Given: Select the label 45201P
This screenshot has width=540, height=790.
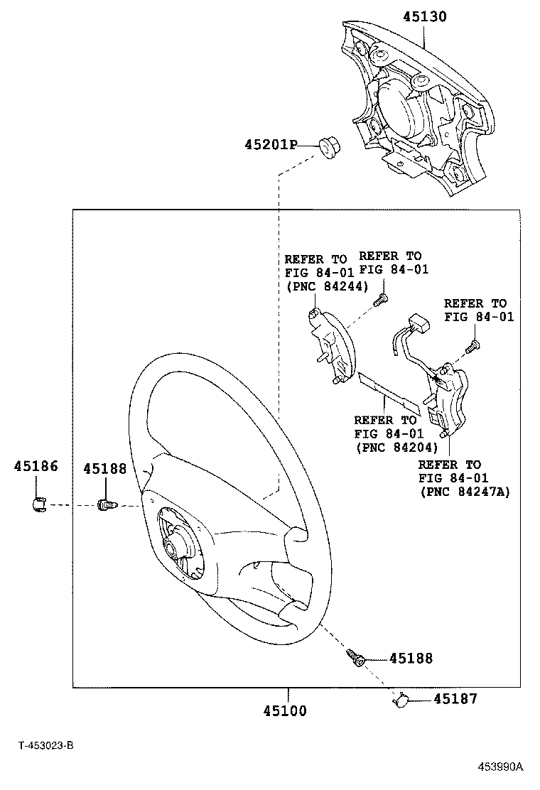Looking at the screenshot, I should pyautogui.click(x=270, y=145).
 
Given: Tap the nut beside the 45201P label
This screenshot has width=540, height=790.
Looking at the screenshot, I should pyautogui.click(x=328, y=148).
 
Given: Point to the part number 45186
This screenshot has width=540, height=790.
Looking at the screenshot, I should pyautogui.click(x=36, y=466).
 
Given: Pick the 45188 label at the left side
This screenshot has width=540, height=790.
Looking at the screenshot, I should pyautogui.click(x=104, y=469).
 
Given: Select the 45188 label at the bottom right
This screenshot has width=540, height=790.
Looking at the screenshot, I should pyautogui.click(x=410, y=659).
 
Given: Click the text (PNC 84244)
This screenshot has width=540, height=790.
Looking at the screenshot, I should pyautogui.click(x=326, y=286).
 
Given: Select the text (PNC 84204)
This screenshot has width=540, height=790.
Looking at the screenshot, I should pyautogui.click(x=395, y=448).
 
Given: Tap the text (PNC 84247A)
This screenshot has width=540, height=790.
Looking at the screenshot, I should pyautogui.click(x=465, y=492).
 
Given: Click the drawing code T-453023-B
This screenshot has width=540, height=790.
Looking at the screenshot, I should pyautogui.click(x=46, y=746).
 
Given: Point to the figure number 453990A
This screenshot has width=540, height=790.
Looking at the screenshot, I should pyautogui.click(x=499, y=767).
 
